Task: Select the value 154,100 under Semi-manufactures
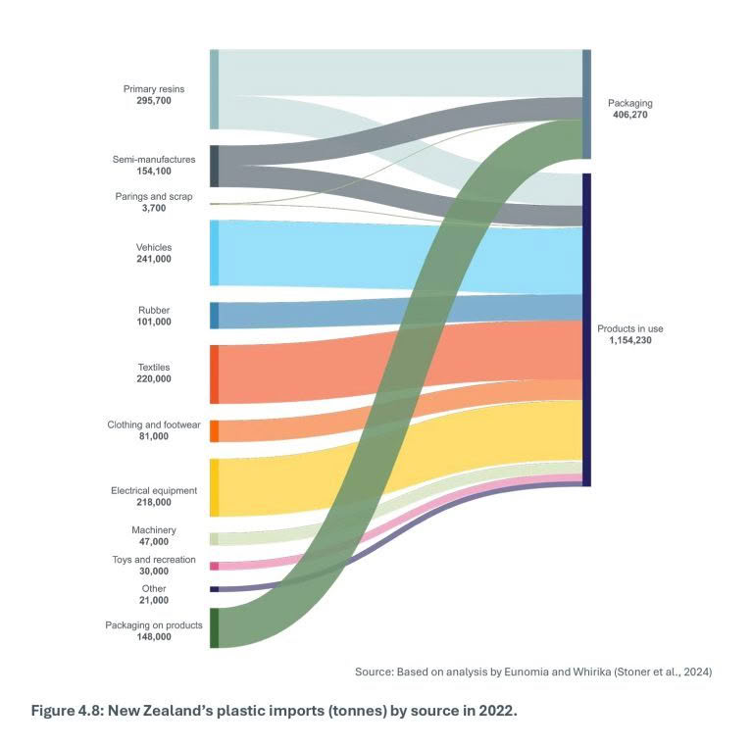154,171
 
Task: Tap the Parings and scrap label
154,196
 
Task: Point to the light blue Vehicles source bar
214,253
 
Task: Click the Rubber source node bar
214,316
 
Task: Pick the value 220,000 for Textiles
154,378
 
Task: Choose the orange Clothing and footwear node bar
214,431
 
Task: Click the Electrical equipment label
154,490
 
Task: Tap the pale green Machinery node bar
214,538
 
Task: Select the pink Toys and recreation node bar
214,566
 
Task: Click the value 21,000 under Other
154,600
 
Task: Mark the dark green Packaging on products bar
214,627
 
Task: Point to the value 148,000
154,636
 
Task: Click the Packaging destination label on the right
629,103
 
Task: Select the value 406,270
629,115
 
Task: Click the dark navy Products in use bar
586,329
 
